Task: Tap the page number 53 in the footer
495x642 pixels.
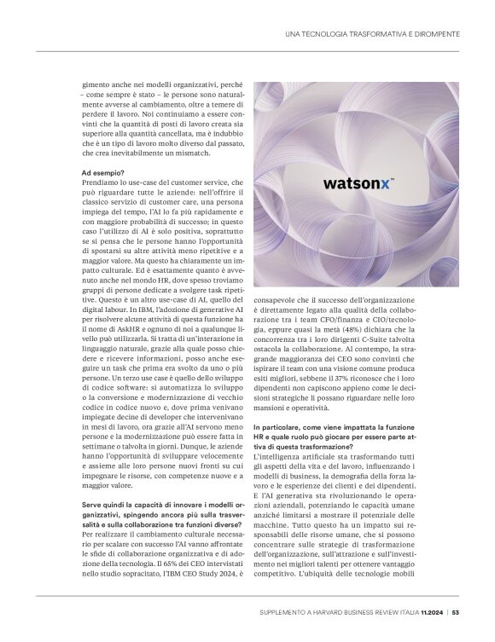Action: pyautogui.click(x=457, y=611)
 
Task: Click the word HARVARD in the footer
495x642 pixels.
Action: pyautogui.click(x=335, y=611)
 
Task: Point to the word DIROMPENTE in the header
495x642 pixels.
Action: pyautogui.click(x=435, y=33)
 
